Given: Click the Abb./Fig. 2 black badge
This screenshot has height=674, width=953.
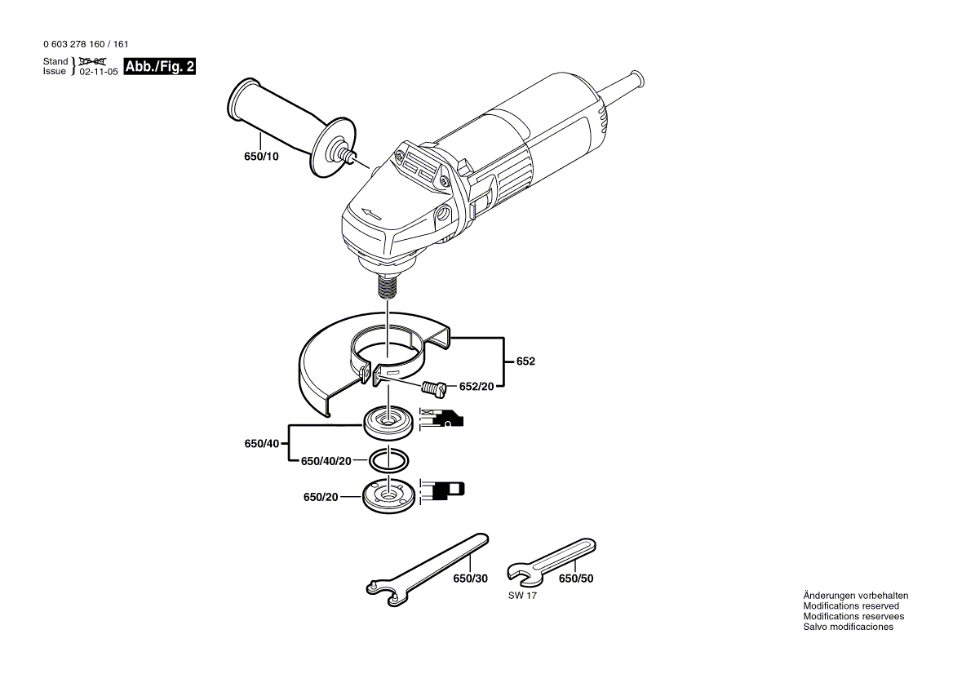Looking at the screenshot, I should (159, 67).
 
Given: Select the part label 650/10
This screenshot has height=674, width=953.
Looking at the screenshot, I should (261, 156).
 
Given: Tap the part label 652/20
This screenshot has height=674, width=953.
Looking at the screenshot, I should (476, 387).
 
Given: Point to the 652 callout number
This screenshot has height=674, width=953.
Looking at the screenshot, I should (525, 361).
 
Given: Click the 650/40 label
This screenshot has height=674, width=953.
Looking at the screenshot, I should (261, 444).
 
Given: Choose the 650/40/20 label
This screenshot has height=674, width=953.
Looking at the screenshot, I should (326, 461).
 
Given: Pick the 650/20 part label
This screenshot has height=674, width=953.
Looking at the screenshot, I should (320, 497).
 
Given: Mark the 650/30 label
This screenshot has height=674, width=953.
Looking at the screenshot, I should (470, 579).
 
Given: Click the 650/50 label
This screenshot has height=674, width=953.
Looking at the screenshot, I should (576, 579).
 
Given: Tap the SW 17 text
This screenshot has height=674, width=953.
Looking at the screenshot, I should (522, 596).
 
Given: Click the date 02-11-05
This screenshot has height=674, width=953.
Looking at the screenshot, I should (99, 72).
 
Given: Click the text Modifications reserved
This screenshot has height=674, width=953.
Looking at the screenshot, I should (851, 606).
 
